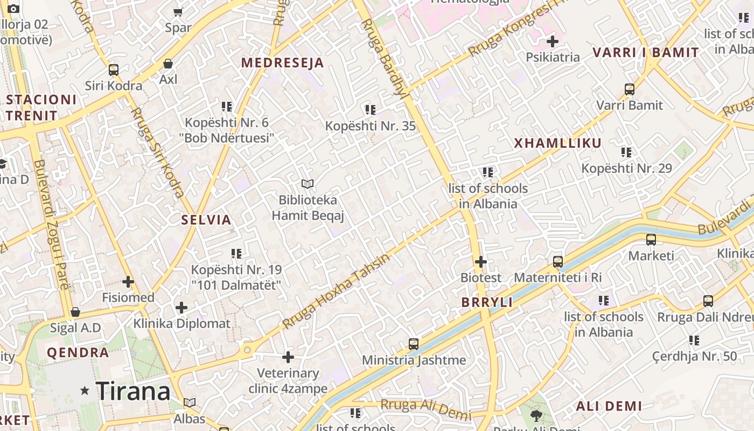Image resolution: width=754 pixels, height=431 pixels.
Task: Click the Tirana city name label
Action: coord(132,391)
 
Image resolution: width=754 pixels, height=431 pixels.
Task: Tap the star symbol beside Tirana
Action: coord(85,391)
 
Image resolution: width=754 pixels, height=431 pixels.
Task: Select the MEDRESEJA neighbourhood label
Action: coord(282,62)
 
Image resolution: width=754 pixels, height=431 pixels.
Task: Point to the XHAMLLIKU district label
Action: coord(557,143)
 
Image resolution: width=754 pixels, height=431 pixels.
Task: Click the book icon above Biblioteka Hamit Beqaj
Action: coord(308,184)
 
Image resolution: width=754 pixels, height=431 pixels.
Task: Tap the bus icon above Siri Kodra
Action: coord(113,69)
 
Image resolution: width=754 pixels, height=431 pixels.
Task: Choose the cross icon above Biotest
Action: coord(481,262)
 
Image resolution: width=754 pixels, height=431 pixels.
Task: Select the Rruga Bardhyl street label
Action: coord(383,57)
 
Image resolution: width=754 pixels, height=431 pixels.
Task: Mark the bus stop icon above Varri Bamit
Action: coord(630,89)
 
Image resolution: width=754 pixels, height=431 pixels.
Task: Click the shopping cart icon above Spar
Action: coord(178,11)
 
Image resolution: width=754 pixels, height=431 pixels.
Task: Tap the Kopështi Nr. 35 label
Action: coord(371,126)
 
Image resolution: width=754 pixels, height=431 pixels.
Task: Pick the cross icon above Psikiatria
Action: coord(552,41)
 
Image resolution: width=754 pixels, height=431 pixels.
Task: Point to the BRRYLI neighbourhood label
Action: coord(487,302)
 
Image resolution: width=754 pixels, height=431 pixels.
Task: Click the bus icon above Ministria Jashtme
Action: coord(414,344)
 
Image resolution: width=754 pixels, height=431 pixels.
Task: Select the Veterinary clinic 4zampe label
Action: coord(288,380)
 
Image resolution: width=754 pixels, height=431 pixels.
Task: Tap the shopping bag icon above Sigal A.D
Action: coord(75,312)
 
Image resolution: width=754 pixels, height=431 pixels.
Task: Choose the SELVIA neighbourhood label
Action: coord(206,219)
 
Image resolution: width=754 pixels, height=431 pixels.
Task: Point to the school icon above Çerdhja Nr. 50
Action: coord(694,340)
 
